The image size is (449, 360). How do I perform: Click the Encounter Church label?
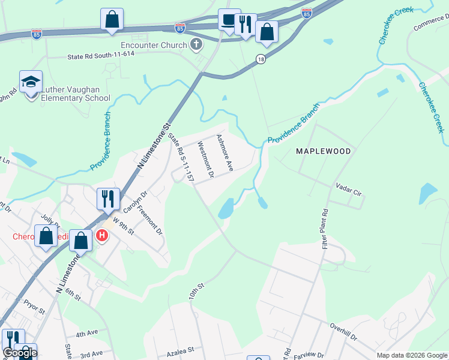click(154, 44)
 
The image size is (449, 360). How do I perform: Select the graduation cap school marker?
click(31, 82)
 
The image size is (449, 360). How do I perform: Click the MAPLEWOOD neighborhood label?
click(324, 151)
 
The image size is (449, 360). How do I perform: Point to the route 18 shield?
click(260, 58)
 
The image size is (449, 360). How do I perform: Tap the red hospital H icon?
click(102, 235)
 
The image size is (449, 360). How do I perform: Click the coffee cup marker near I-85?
click(229, 20)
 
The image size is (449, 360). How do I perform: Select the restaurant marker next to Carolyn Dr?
click(108, 197)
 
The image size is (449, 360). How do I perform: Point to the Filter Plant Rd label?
click(325, 230)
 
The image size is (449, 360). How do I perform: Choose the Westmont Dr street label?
click(206, 160)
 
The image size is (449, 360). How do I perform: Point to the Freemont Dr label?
click(149, 220)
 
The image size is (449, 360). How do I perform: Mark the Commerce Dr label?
click(431, 25)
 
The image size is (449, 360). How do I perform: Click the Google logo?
click(20, 353)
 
